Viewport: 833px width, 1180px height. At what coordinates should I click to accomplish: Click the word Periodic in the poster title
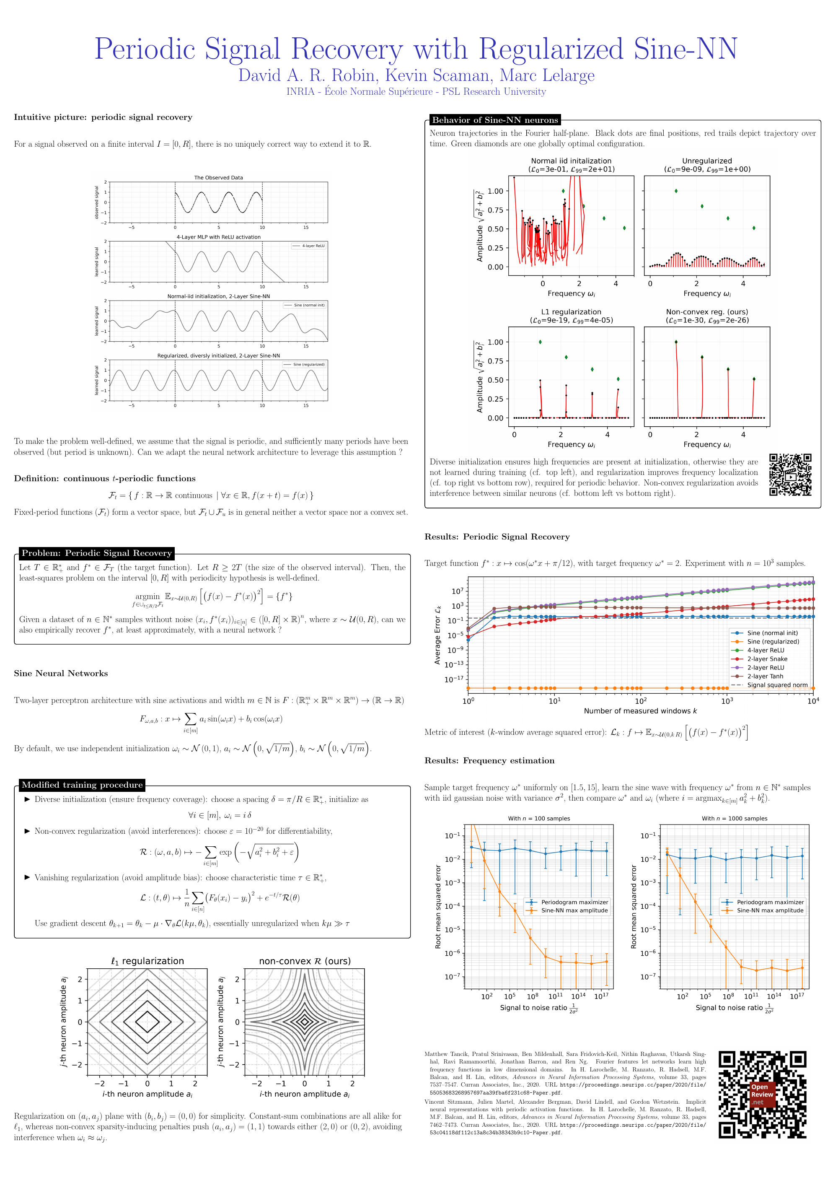tap(145, 49)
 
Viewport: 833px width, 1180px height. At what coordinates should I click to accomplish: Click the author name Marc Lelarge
tap(547, 75)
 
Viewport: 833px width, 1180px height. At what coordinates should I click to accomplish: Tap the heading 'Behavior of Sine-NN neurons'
tap(494, 120)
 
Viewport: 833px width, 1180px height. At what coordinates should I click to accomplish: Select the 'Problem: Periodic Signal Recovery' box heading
tap(96, 553)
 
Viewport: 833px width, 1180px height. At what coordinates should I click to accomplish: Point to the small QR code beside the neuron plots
tap(790, 475)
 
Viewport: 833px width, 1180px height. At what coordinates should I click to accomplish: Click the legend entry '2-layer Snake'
tap(767, 659)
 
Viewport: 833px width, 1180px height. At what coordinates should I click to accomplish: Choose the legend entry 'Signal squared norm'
tap(777, 685)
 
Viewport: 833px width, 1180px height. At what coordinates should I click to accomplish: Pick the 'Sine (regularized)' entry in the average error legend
tap(773, 641)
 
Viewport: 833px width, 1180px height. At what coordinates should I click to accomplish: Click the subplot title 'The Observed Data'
tap(218, 178)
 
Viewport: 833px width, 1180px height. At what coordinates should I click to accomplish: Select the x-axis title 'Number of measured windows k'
tap(640, 711)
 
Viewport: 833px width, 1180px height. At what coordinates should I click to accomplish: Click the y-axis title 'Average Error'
tap(438, 634)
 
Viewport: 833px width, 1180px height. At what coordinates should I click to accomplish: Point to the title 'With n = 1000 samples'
tap(735, 818)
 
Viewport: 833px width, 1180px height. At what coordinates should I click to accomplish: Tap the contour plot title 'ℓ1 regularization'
tap(147, 961)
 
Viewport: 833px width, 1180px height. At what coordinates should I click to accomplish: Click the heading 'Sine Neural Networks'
tap(61, 673)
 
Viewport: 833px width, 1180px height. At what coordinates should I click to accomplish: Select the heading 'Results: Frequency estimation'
tap(489, 761)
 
